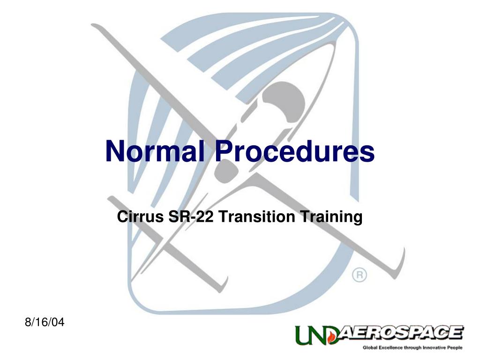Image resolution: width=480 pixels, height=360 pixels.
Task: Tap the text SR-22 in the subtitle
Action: (x=190, y=217)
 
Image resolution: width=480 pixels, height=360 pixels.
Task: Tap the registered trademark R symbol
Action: (x=360, y=275)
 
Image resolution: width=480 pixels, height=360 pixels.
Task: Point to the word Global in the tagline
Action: (x=370, y=348)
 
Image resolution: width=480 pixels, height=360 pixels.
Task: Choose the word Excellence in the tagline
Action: (x=392, y=348)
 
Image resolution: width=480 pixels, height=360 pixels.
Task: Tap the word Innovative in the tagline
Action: (x=434, y=348)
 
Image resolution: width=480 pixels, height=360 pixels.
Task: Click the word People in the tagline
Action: (x=455, y=348)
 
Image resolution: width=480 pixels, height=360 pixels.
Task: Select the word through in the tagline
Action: (x=413, y=348)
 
